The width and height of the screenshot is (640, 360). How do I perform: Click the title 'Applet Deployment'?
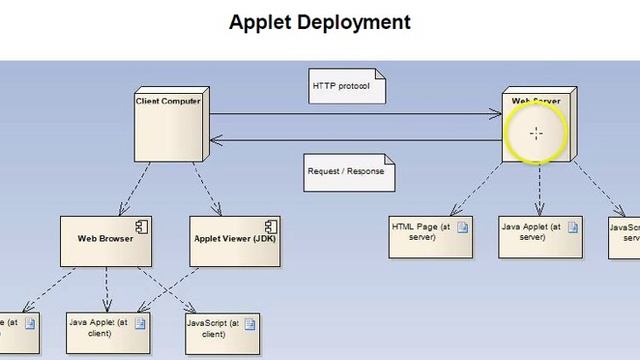[x=319, y=21]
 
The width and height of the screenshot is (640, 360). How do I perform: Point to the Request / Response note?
[x=349, y=171]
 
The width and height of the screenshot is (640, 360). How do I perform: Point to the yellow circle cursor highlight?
[x=536, y=133]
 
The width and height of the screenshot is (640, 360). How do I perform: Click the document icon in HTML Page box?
[x=462, y=227]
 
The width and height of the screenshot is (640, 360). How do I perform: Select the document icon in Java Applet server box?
[x=572, y=227]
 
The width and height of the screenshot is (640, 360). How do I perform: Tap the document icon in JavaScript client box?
[x=249, y=323]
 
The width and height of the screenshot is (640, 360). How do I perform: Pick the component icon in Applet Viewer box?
[x=269, y=223]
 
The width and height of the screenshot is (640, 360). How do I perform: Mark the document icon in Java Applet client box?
[x=140, y=323]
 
